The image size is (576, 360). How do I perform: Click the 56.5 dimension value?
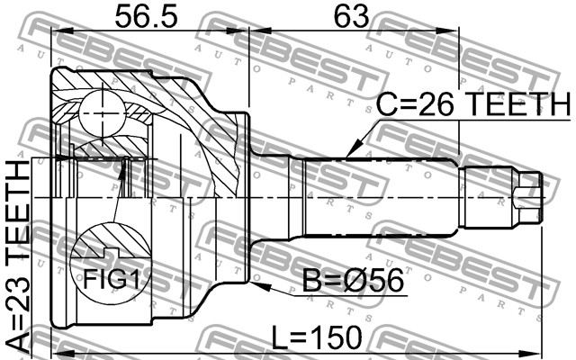[146, 16]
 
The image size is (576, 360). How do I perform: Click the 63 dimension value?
[351, 16]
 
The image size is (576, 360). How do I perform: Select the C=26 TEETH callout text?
[474, 104]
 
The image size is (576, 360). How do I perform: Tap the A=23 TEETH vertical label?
[18, 256]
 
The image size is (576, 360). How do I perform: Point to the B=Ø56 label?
[353, 281]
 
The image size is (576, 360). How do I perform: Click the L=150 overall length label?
[316, 337]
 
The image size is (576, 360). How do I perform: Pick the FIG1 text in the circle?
[112, 279]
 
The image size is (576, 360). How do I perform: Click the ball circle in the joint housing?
[102, 113]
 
